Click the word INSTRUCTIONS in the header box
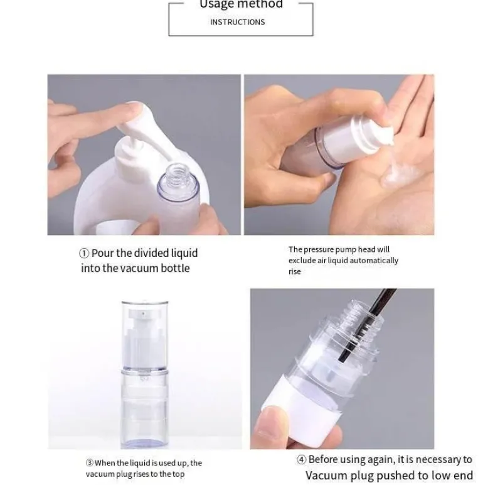(238, 22)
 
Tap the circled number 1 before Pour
(84, 254)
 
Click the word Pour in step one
(103, 253)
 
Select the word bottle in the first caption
(175, 268)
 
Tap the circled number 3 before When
(89, 463)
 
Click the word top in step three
(179, 474)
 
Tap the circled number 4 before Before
(302, 460)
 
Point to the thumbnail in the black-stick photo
(266, 418)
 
